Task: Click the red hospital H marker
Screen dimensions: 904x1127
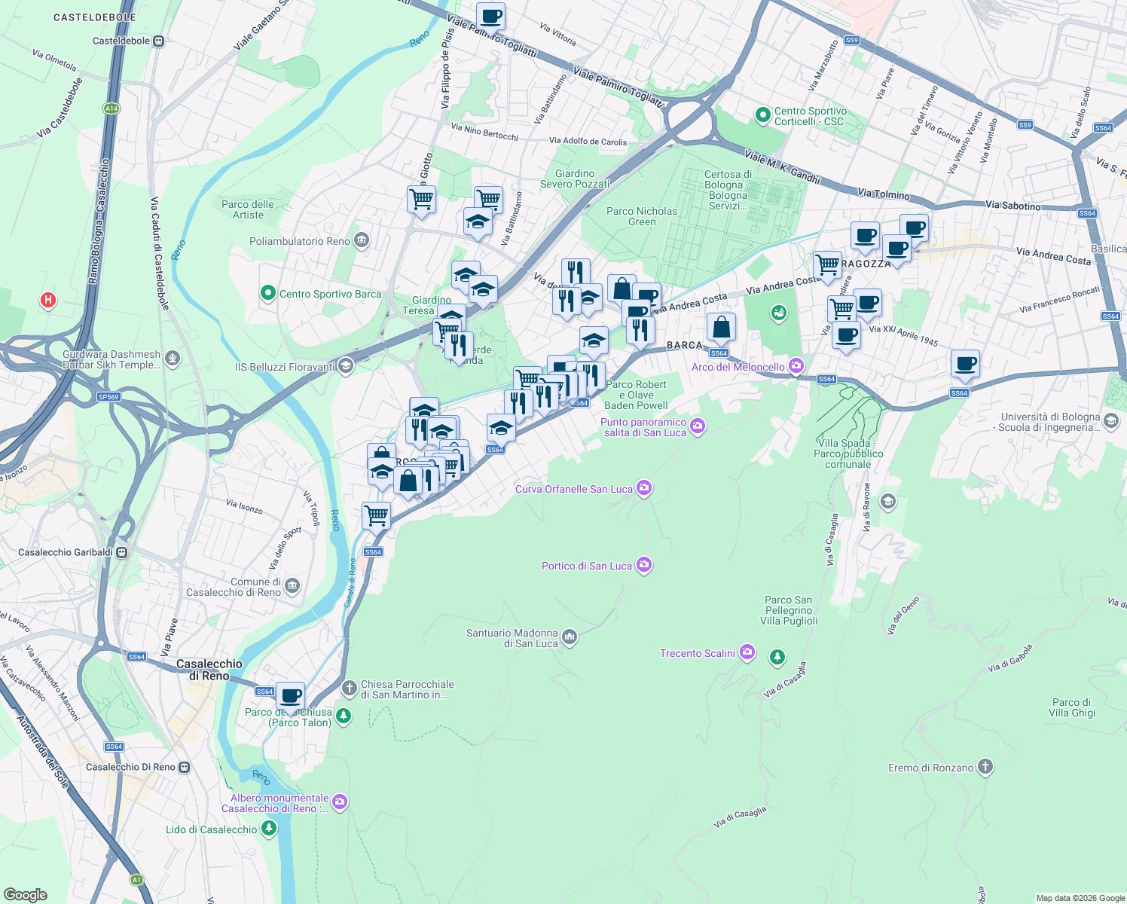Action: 48,301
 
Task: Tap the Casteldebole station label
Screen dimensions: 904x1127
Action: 121,41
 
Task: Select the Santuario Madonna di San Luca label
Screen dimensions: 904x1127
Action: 512,638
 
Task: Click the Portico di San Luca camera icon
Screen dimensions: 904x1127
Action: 643,565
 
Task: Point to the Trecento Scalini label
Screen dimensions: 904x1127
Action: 697,653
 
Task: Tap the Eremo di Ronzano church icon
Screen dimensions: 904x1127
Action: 985,768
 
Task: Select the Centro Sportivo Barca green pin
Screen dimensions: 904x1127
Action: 267,294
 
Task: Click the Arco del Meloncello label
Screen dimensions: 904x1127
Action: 738,367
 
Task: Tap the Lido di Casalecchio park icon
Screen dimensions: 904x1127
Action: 268,829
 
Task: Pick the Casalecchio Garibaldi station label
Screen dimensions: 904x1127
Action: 66,552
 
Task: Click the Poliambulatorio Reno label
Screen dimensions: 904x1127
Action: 299,241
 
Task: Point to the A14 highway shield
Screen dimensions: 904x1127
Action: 111,108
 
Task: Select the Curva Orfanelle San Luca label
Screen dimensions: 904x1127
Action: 573,489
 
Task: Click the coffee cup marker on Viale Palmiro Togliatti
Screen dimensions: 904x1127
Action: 490,16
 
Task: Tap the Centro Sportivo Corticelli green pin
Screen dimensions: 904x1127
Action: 762,115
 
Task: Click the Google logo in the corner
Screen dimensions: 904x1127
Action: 26,894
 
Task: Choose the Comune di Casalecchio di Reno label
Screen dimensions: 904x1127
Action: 234,587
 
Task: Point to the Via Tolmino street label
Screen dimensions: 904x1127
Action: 884,194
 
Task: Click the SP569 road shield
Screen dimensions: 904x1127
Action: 108,396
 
